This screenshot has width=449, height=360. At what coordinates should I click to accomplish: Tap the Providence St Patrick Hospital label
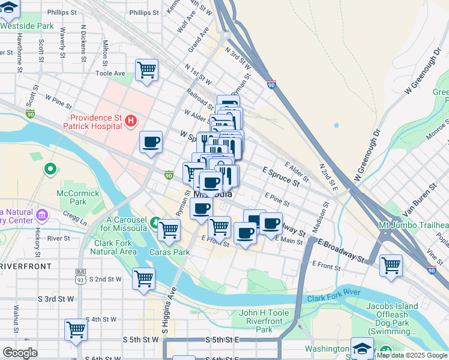(96, 122)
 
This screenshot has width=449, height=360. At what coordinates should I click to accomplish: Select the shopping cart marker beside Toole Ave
(147, 71)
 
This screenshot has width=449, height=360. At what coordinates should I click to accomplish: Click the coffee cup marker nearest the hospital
(151, 143)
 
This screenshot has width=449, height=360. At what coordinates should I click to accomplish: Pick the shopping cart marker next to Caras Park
(169, 229)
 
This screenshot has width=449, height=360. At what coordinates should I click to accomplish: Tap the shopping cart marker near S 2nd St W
(144, 278)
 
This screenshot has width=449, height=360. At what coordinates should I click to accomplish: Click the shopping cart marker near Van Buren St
(391, 265)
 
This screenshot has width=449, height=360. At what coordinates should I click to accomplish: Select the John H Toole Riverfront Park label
(264, 321)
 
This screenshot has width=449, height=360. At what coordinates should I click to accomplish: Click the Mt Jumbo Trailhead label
(413, 225)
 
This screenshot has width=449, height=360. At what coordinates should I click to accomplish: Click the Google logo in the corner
(20, 353)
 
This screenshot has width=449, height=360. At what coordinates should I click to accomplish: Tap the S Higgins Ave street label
(169, 316)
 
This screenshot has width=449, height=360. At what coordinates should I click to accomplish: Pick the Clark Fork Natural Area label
(115, 247)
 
